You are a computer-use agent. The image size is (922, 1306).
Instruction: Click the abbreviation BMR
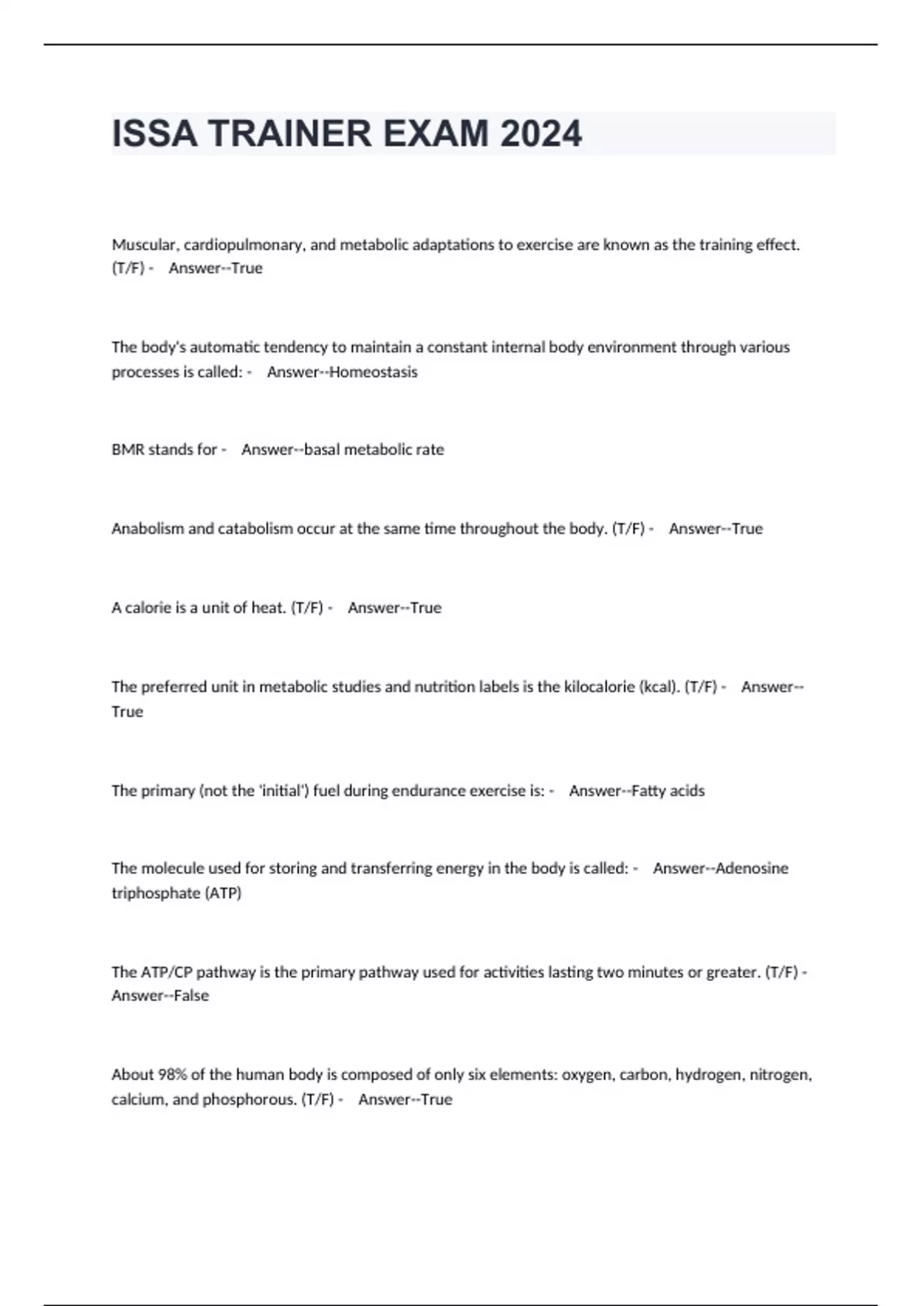point(128,449)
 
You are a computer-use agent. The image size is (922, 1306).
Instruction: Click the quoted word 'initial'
point(284,791)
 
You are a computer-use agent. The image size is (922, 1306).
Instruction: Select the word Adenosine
point(752,868)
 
